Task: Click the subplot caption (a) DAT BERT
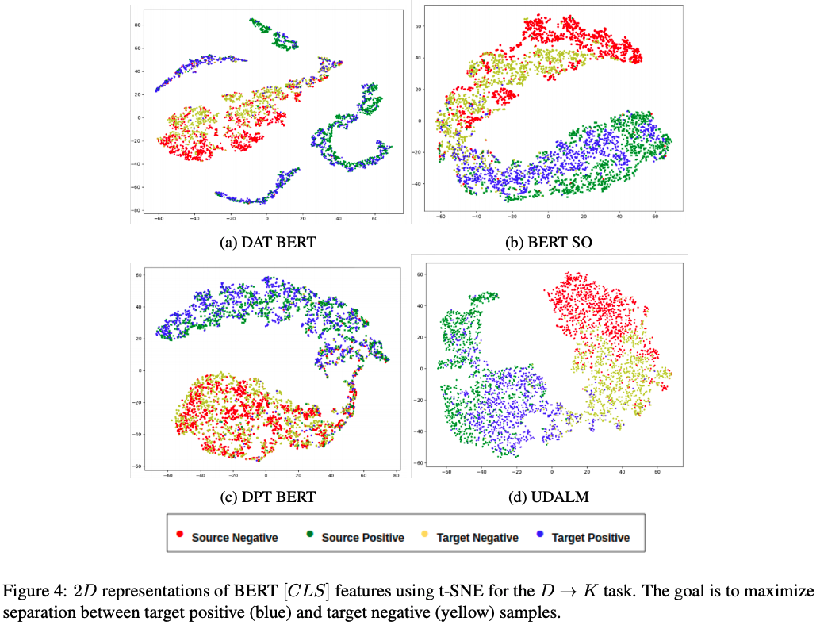click(267, 242)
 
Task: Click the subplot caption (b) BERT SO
click(550, 242)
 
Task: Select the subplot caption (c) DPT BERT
click(267, 497)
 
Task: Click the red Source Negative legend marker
click(180, 536)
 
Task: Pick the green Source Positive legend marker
click(310, 536)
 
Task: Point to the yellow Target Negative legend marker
click(425, 536)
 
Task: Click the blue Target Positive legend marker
click(540, 536)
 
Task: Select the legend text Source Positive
click(362, 537)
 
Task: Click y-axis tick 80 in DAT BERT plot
click(137, 25)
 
